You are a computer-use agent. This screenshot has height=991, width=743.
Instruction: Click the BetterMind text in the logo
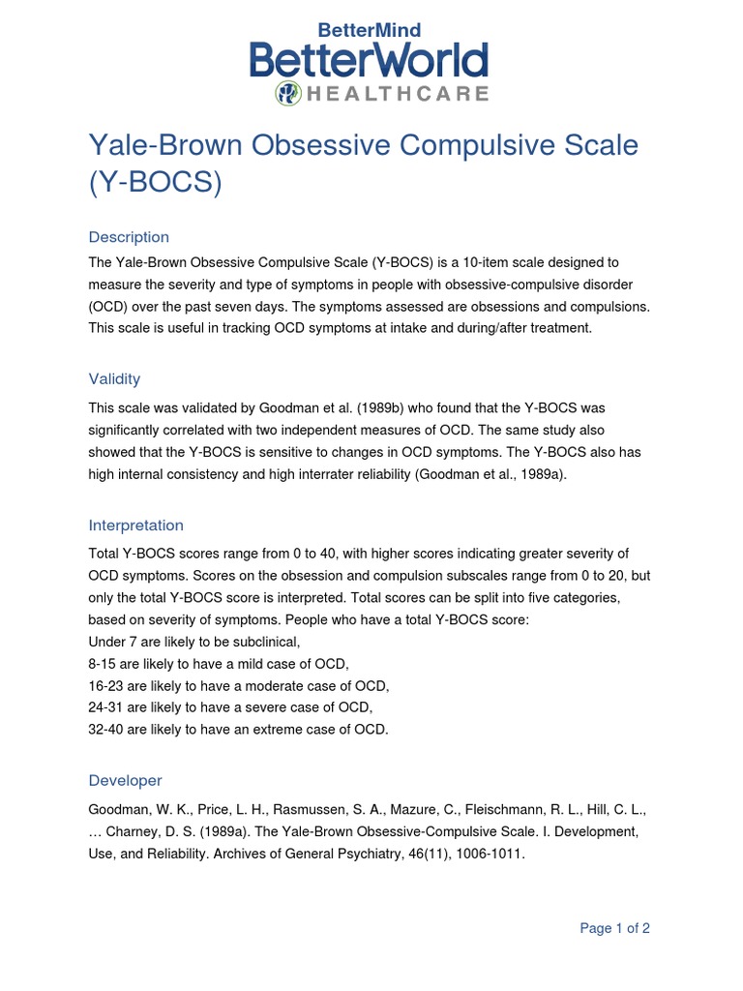[370, 30]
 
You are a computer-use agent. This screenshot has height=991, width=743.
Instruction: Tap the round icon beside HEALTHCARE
[288, 93]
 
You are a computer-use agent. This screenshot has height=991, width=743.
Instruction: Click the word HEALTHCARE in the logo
[397, 94]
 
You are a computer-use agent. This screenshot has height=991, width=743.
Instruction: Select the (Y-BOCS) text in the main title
[155, 183]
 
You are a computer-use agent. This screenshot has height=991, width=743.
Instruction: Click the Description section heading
[129, 237]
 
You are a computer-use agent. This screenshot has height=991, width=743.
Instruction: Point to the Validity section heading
[114, 379]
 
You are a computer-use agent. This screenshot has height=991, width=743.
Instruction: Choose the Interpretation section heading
[135, 526]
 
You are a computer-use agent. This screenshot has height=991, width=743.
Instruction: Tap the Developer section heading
[125, 780]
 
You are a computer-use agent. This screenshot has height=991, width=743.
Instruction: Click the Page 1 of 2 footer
[614, 928]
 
